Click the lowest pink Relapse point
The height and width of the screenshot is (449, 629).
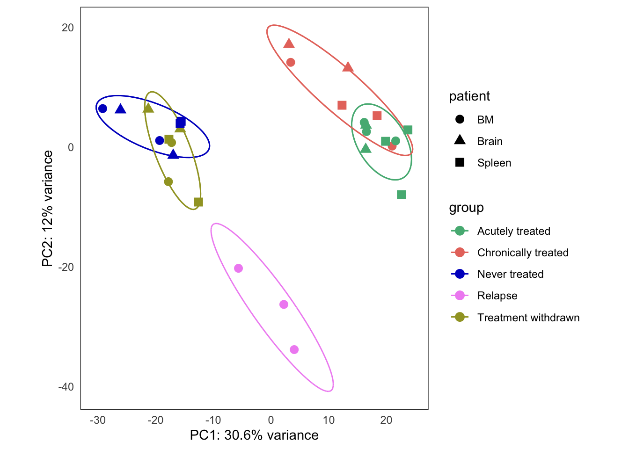click(294, 349)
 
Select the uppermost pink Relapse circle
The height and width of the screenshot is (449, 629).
click(238, 268)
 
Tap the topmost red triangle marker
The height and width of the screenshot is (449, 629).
click(289, 43)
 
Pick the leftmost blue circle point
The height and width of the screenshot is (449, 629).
click(102, 109)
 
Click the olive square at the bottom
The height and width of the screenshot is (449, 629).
click(198, 202)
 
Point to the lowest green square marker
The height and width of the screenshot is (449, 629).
click(401, 195)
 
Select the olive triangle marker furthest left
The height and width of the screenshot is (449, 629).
click(148, 109)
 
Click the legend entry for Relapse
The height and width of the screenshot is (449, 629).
click(497, 296)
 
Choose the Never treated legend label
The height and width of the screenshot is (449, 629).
click(510, 274)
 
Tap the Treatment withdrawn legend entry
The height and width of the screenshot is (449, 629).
click(528, 318)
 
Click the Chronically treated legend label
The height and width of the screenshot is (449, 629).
click(522, 253)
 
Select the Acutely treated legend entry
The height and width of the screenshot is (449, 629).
click(513, 231)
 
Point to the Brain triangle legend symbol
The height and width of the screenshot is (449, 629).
click(460, 140)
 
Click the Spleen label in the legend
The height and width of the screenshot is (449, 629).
click(494, 163)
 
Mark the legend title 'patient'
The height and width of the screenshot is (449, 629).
click(469, 96)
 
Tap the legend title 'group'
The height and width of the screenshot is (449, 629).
click(466, 208)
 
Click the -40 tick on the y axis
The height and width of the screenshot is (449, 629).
click(66, 387)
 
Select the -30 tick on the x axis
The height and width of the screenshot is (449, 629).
click(97, 420)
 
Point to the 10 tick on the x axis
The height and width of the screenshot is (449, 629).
click(329, 420)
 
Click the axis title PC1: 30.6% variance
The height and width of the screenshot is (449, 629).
click(254, 435)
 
